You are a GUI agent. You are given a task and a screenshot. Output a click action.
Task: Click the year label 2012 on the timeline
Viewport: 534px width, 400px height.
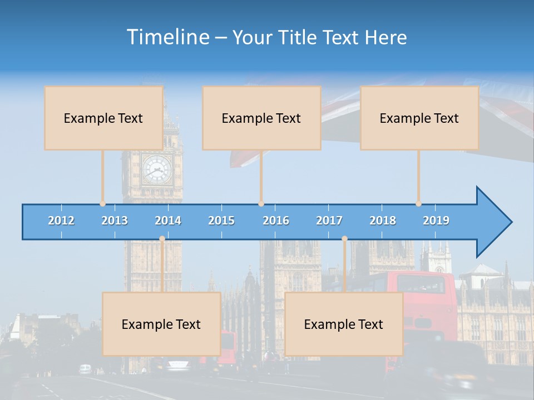point(61,221)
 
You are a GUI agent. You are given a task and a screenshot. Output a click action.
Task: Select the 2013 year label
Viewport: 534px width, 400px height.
point(115,221)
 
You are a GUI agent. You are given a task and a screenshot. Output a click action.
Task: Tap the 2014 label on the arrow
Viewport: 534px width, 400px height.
point(168,221)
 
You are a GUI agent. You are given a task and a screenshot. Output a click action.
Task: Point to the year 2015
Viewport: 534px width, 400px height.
point(221,221)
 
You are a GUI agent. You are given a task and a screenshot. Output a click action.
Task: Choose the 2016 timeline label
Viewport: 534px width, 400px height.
point(276,221)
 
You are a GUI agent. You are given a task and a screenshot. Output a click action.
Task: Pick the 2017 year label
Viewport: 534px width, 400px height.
point(329,221)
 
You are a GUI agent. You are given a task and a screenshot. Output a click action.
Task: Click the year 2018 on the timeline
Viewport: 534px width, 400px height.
point(383,221)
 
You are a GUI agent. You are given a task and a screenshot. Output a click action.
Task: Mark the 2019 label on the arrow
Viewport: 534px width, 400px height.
point(436,221)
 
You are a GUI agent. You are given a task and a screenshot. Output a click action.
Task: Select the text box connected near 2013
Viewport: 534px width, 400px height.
point(103,118)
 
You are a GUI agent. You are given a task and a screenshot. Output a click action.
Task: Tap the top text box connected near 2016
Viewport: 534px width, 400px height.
point(261,118)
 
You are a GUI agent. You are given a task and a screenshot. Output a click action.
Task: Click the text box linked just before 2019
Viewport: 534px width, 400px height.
point(419,118)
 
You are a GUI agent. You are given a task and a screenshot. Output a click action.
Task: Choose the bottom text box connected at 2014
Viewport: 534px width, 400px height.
point(161,324)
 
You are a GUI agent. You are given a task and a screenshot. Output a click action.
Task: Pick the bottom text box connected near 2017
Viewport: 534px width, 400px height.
point(344,324)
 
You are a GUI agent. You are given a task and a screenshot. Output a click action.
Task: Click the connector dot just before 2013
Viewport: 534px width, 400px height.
point(103,204)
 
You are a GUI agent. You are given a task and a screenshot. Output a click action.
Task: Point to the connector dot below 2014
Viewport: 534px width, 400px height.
point(162,238)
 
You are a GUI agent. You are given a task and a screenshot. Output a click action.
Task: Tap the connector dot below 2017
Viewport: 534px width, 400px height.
point(344,238)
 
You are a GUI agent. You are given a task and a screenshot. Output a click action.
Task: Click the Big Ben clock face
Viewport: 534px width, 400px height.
point(156,169)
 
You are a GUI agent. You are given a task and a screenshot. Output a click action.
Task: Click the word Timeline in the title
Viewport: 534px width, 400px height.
point(167,37)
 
